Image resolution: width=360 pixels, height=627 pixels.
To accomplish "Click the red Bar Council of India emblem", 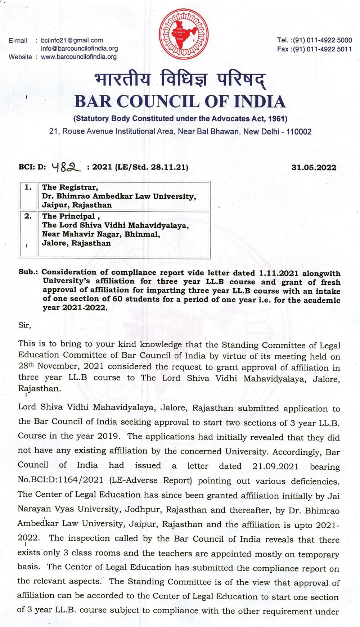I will tap(183, 35).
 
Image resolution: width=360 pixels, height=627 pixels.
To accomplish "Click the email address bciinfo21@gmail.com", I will tap(72, 40).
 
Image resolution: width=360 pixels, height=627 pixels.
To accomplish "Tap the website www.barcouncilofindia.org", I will tap(78, 57).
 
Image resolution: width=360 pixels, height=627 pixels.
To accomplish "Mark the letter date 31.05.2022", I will tap(314, 167).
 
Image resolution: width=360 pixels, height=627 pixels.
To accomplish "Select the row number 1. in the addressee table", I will tap(28, 187).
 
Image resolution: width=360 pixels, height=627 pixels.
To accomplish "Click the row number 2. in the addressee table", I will tap(28, 216).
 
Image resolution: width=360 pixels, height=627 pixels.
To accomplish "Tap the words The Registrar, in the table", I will tap(70, 187).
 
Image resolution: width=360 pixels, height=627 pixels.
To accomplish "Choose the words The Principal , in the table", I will tap(71, 216).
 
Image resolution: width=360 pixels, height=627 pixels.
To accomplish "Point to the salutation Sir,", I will tap(25, 325).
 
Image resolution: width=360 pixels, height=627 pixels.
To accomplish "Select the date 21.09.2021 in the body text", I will tap(275, 466).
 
